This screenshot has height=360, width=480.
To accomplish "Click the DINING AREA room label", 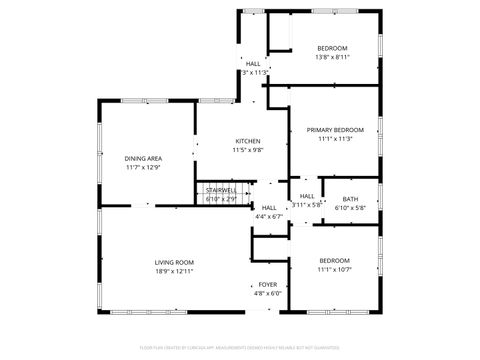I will click(143, 159).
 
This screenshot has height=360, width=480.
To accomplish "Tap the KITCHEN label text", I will click(248, 141).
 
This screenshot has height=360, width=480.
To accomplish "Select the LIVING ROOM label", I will click(173, 262).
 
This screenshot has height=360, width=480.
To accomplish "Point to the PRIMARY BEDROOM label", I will click(335, 130).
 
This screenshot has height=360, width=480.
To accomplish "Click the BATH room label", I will click(350, 199).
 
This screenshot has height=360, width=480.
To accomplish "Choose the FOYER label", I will click(268, 285).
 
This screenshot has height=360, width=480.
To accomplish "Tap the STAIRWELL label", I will click(221, 190).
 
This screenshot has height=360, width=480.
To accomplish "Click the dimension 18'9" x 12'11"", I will click(173, 271).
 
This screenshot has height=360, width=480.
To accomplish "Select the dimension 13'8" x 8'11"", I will click(332, 57).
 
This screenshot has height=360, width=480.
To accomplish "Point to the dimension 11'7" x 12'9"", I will click(143, 168).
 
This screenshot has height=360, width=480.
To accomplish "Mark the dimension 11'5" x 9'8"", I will click(248, 150).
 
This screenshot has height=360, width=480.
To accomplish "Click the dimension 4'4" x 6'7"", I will click(269, 216).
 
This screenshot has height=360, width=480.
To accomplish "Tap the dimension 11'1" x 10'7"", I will click(335, 270).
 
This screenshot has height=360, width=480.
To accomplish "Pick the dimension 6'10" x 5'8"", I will click(350, 208).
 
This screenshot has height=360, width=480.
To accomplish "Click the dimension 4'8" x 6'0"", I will click(268, 294).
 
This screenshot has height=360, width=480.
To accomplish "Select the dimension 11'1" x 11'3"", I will click(335, 139).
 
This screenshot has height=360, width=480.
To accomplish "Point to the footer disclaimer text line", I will click(240, 348).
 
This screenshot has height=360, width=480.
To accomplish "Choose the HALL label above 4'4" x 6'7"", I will click(269, 207).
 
